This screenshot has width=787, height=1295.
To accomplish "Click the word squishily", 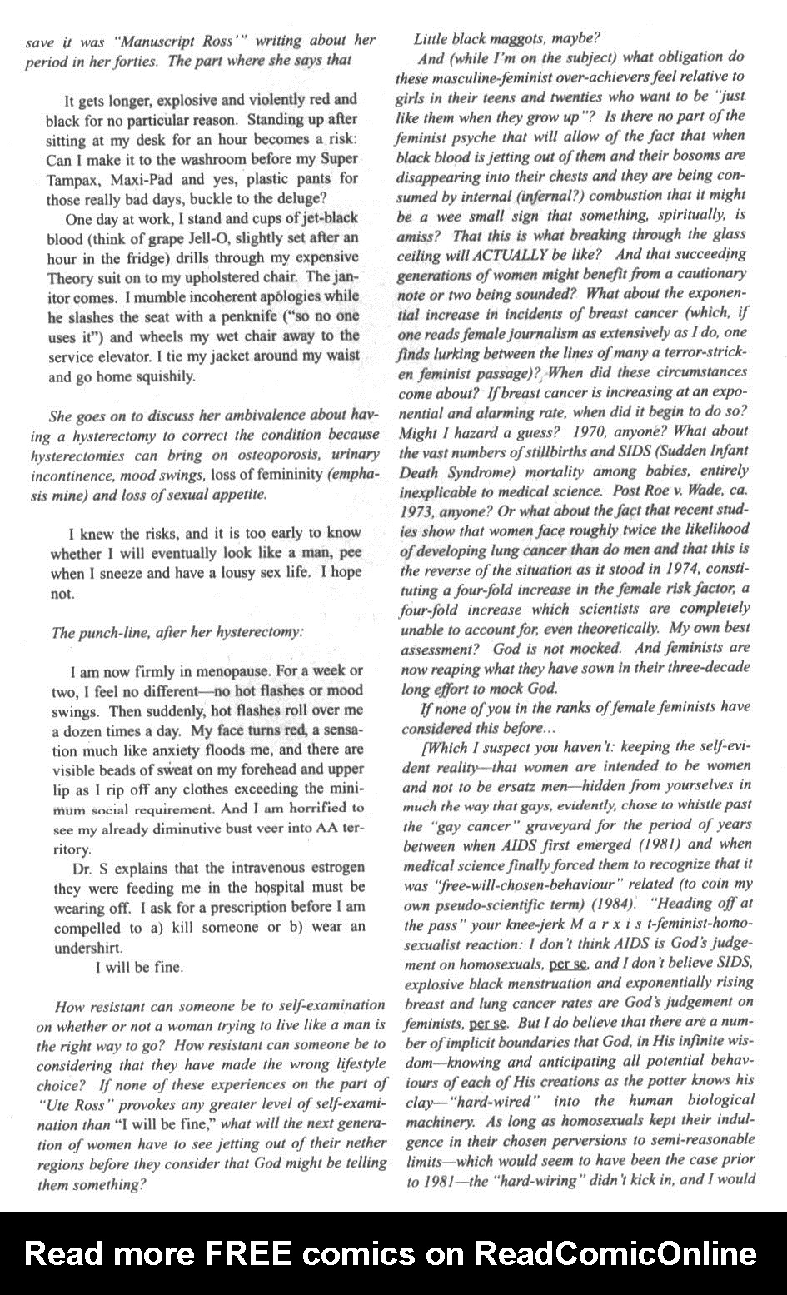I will (x=164, y=376).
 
